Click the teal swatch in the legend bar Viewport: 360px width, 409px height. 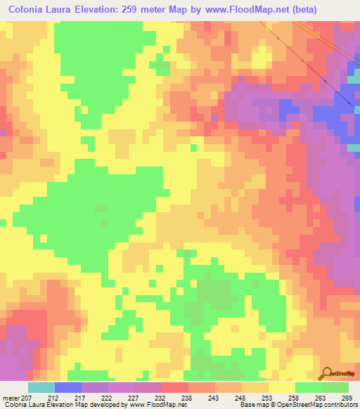coord(41,387)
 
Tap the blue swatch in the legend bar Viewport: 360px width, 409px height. coord(68,387)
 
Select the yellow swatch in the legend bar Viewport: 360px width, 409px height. coord(282,387)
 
